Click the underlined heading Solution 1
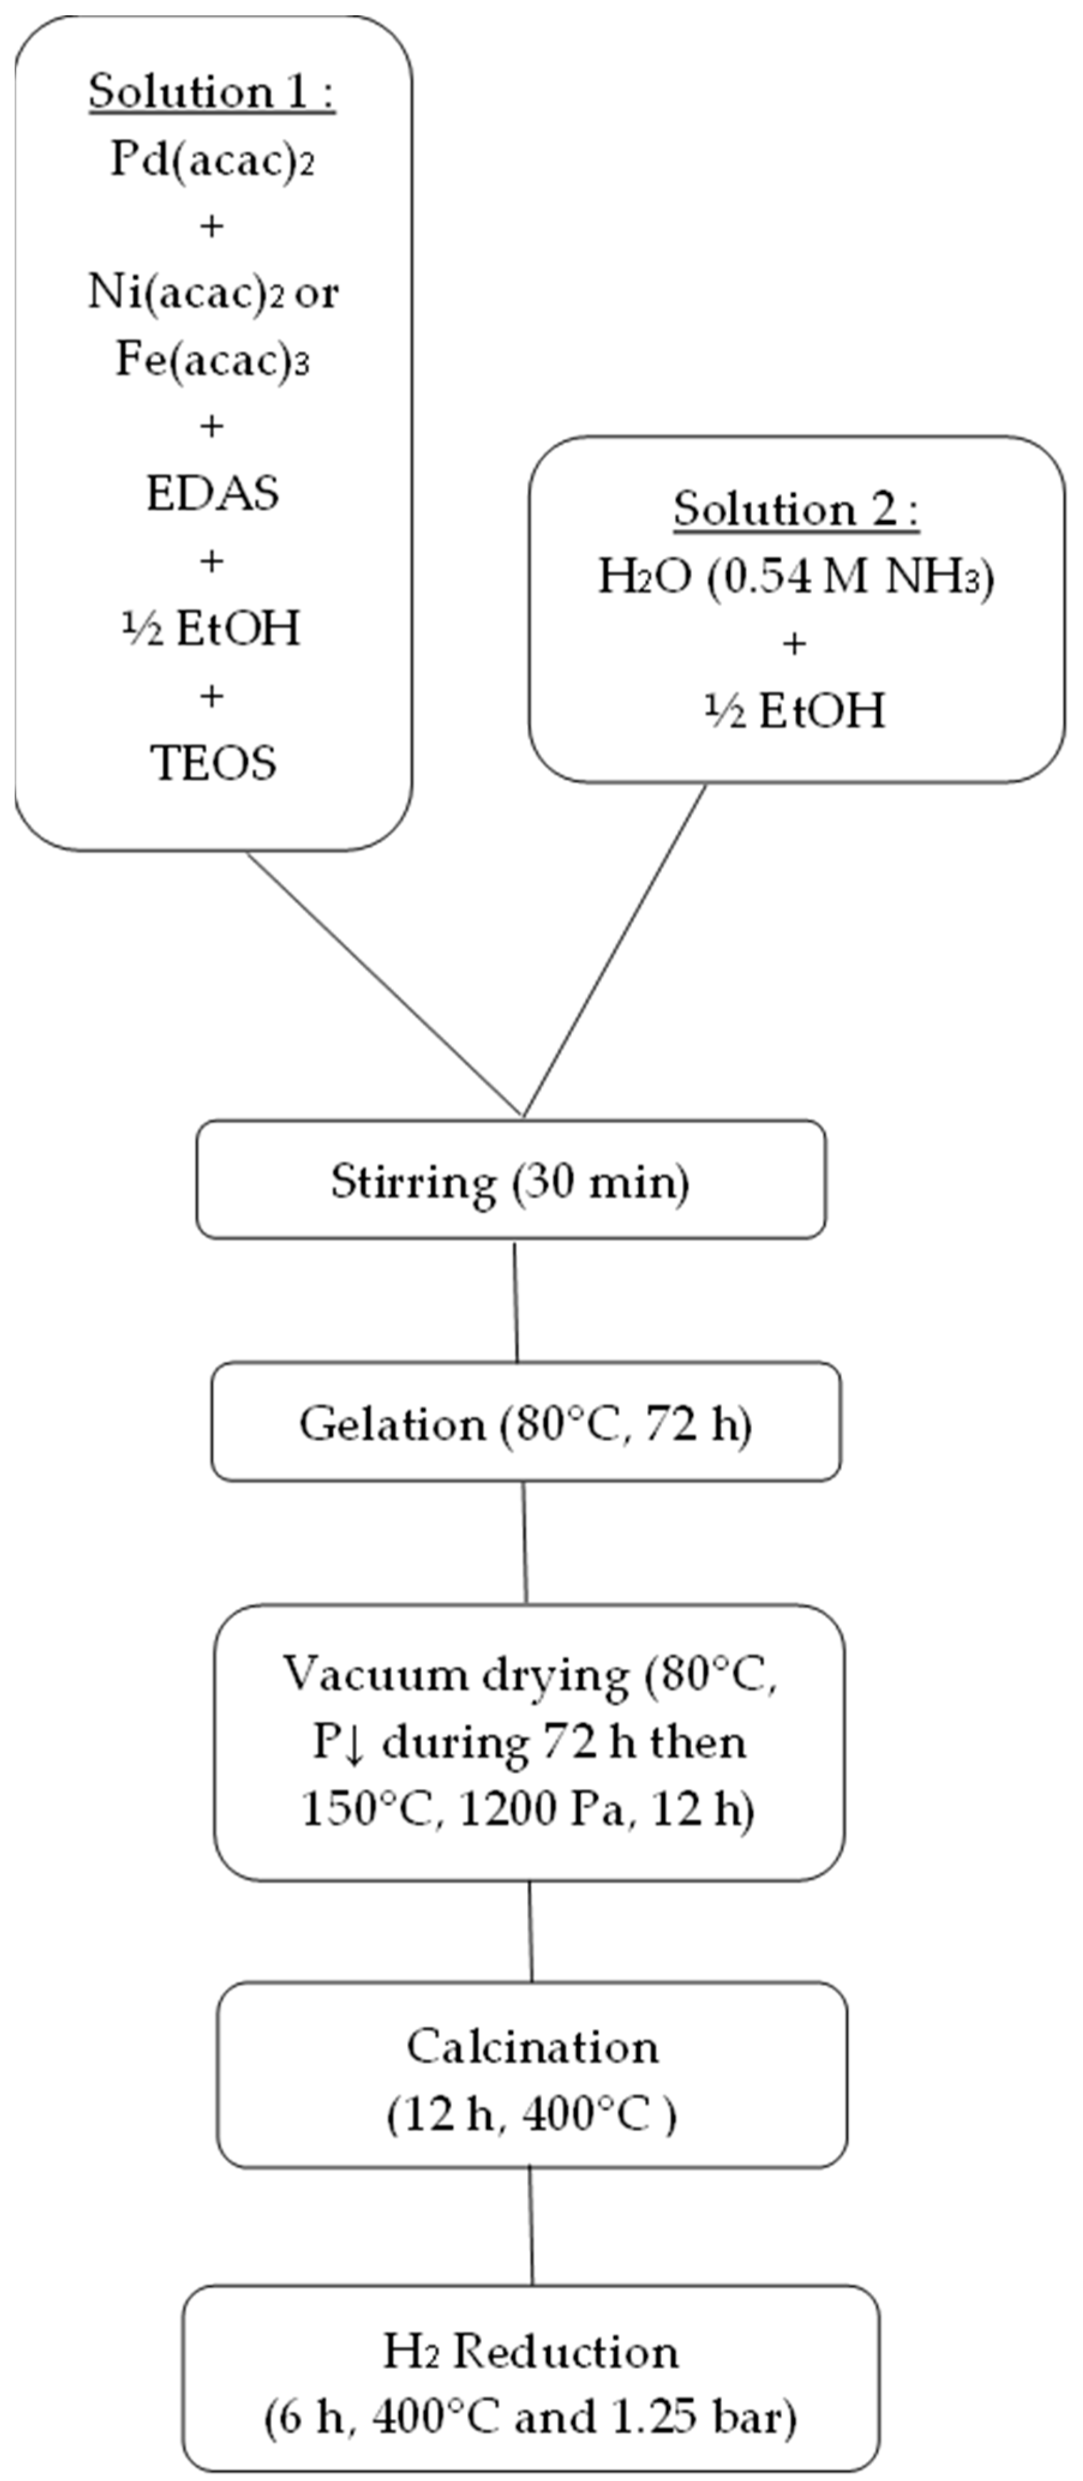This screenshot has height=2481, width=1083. point(211,92)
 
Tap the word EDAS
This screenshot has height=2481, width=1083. point(212,493)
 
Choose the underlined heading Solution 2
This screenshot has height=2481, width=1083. point(796,509)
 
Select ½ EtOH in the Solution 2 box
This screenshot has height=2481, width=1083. point(796,711)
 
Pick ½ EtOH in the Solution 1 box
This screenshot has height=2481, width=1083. point(212,628)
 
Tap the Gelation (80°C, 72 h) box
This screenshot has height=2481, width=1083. point(525,1423)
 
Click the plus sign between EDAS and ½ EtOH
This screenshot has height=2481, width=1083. point(211,560)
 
